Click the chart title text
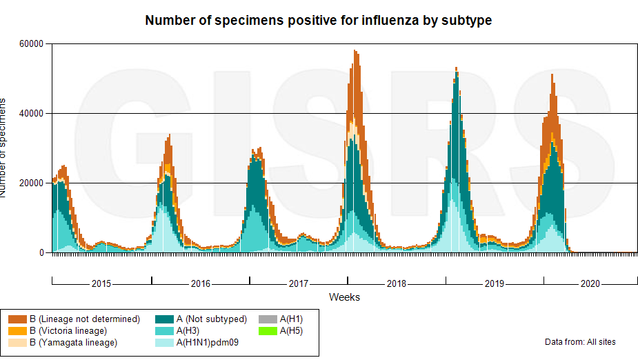click(x=318, y=21)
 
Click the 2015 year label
click(x=101, y=283)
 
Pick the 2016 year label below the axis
click(x=201, y=283)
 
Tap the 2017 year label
click(x=299, y=283)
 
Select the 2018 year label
click(x=397, y=283)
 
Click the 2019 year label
click(x=495, y=283)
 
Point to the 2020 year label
click(x=591, y=283)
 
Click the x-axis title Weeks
click(x=344, y=297)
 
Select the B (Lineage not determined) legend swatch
click(x=17, y=319)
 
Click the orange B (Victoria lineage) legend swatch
click(x=17, y=331)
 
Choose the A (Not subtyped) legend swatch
click(x=164, y=319)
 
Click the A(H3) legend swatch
click(x=164, y=331)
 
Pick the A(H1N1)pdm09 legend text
click(x=208, y=343)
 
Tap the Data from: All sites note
click(x=580, y=342)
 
